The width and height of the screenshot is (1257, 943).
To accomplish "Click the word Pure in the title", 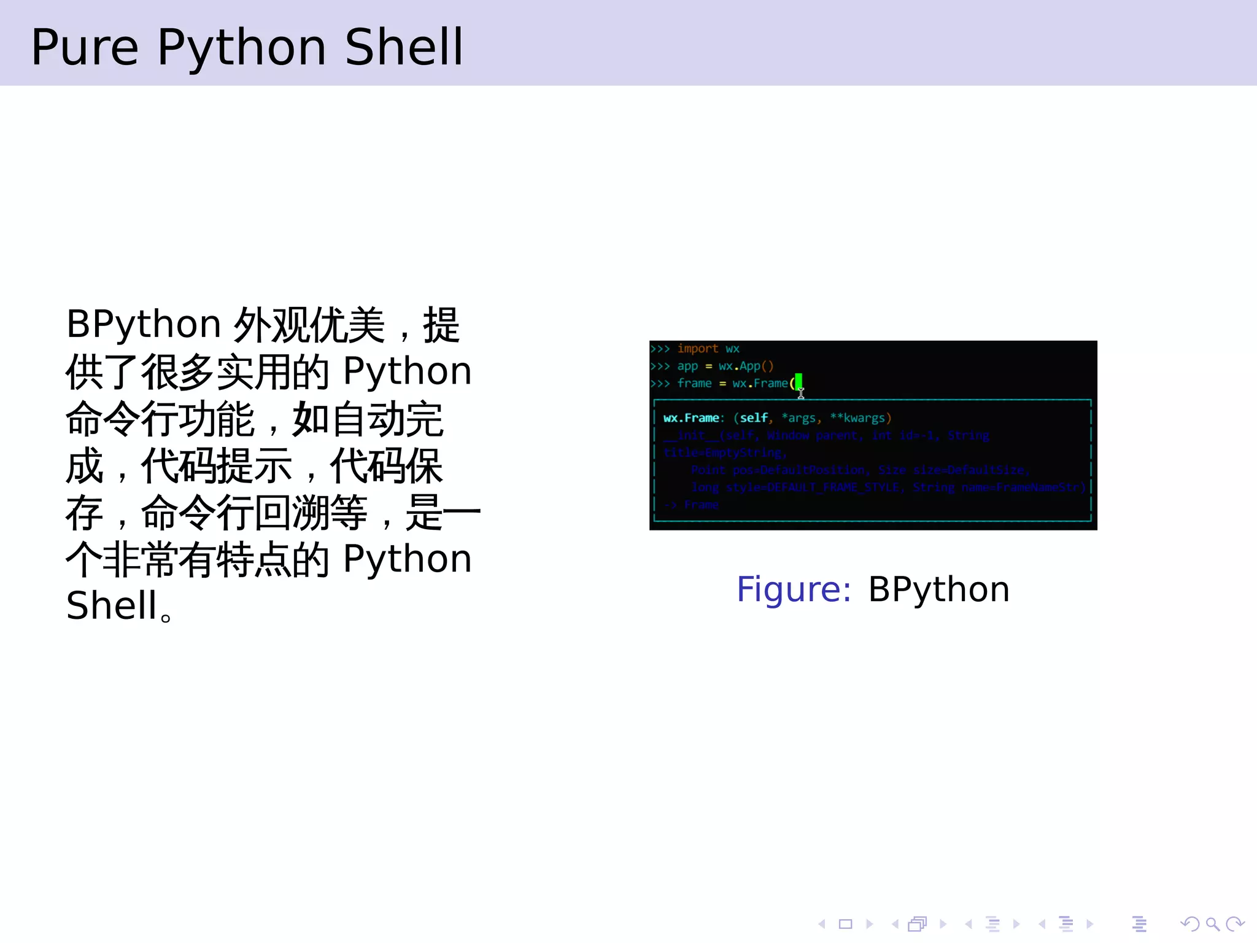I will tap(85, 47).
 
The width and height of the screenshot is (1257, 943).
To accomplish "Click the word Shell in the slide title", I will tap(403, 47).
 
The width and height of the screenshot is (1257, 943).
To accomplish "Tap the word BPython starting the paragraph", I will tap(143, 324).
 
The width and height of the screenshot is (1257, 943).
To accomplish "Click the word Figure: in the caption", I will tap(794, 589).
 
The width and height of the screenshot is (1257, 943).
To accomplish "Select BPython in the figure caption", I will tap(938, 589).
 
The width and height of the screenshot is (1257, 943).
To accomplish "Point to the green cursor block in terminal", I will tap(799, 381).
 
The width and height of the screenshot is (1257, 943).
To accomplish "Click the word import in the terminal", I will tap(697, 349).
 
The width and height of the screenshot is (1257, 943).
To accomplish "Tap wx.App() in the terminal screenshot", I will tap(746, 366).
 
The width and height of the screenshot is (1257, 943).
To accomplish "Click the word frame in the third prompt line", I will tap(694, 383).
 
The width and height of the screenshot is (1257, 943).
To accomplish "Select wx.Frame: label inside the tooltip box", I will tap(693, 418).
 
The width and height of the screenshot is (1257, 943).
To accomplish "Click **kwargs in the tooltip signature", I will tap(860, 418).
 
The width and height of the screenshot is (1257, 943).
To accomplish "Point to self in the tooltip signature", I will tap(753, 418).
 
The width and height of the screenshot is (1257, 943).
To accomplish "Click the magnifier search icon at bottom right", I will tap(1212, 924).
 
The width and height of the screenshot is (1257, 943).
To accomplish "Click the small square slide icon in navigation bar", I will tap(845, 924).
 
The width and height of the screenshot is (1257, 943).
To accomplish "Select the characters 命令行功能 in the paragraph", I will tap(160, 419).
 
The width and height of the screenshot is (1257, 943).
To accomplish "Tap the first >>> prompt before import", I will tap(660, 349).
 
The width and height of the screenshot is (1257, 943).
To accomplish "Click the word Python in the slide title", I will tap(241, 47).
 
